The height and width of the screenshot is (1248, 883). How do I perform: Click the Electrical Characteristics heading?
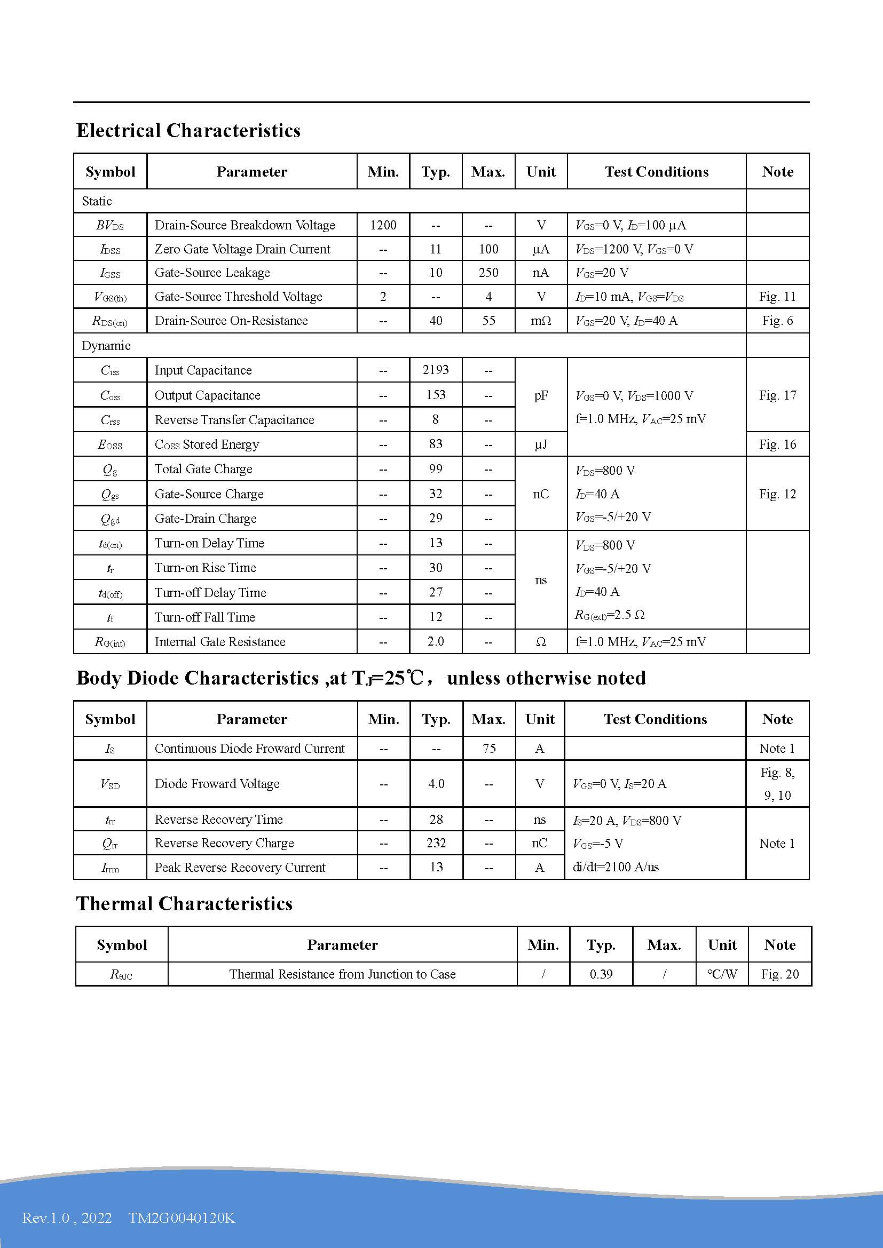click(188, 130)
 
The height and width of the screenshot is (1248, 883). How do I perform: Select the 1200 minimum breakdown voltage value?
click(383, 225)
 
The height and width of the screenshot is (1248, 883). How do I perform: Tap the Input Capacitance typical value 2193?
click(436, 370)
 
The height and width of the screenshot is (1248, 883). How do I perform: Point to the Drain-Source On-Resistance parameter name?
click(231, 321)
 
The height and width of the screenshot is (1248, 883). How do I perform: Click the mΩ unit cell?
click(540, 321)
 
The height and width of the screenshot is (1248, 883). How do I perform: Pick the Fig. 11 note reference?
click(777, 297)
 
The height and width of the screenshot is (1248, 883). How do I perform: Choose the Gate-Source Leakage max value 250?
click(488, 273)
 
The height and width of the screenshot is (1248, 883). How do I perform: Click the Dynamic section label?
click(106, 346)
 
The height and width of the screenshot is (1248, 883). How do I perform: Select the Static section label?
click(97, 201)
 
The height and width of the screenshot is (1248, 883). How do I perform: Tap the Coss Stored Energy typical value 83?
click(436, 444)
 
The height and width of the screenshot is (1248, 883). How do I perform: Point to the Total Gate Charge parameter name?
click(203, 469)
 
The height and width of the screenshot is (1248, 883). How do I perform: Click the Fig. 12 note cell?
click(777, 494)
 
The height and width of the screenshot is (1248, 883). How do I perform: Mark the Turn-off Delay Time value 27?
click(436, 592)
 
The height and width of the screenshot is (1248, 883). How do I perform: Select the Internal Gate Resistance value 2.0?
click(436, 642)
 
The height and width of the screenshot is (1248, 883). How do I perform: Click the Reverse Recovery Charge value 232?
click(436, 843)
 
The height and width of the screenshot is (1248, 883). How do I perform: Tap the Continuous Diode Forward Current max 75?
click(489, 749)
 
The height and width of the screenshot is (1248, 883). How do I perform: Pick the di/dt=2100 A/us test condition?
click(616, 867)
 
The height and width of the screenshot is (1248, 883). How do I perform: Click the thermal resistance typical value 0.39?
click(601, 974)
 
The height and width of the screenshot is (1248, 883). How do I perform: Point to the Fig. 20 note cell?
click(779, 974)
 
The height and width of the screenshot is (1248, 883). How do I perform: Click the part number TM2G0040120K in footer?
click(182, 1218)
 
